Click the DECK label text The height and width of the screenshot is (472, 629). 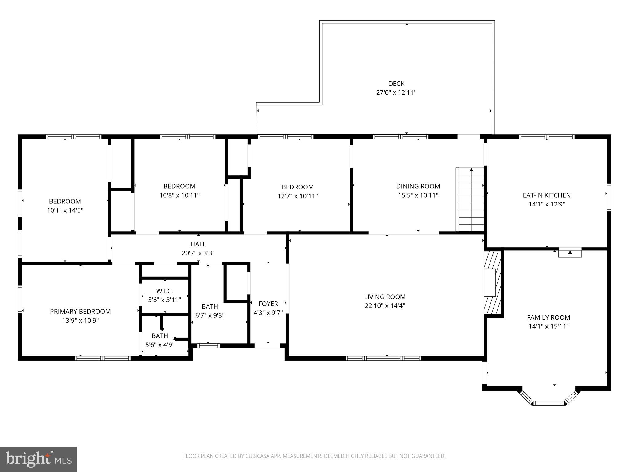pyautogui.click(x=396, y=84)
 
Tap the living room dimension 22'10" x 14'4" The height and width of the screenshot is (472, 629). pyautogui.click(x=385, y=305)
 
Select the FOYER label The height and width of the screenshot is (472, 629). pyautogui.click(x=268, y=304)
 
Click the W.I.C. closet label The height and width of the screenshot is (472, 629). pyautogui.click(x=165, y=291)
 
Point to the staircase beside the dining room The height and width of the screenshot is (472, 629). pyautogui.click(x=471, y=200)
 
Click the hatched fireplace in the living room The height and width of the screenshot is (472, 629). pyautogui.click(x=492, y=283)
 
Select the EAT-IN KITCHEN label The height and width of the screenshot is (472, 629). pyautogui.click(x=547, y=195)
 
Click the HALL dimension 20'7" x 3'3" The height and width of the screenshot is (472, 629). pyautogui.click(x=198, y=253)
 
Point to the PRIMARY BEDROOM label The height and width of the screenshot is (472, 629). pyautogui.click(x=80, y=311)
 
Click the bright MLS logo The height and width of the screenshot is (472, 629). pyautogui.click(x=38, y=459)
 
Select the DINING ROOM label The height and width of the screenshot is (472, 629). pyautogui.click(x=418, y=186)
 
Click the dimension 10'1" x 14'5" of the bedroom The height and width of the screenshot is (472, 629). pyautogui.click(x=65, y=210)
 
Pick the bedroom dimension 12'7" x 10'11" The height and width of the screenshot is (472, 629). pyautogui.click(x=298, y=196)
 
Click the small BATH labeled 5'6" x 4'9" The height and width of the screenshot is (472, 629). pyautogui.click(x=160, y=336)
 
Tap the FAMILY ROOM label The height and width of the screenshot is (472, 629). pyautogui.click(x=549, y=317)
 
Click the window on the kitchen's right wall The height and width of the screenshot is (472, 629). pyautogui.click(x=609, y=197)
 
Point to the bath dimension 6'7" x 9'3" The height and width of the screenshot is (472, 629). pyautogui.click(x=210, y=315)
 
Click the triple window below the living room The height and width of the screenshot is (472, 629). pyautogui.click(x=383, y=358)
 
